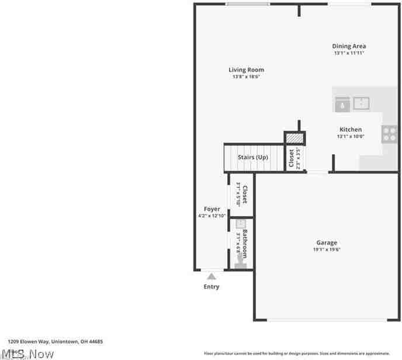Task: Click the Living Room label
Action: point(246,70)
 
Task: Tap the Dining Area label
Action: point(349,46)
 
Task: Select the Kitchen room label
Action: point(351,130)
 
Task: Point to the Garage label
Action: point(327,243)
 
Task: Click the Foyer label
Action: point(212,209)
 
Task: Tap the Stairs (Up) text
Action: point(253,157)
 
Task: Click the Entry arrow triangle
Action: point(212,276)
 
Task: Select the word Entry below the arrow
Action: point(212,287)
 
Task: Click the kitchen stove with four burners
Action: point(389,134)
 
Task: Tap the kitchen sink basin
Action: point(361,103)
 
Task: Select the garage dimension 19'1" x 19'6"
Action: point(327,250)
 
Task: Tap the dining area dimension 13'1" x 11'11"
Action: point(349,53)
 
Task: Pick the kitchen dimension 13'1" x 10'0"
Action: point(351,137)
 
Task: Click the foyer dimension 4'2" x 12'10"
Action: point(212,216)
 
